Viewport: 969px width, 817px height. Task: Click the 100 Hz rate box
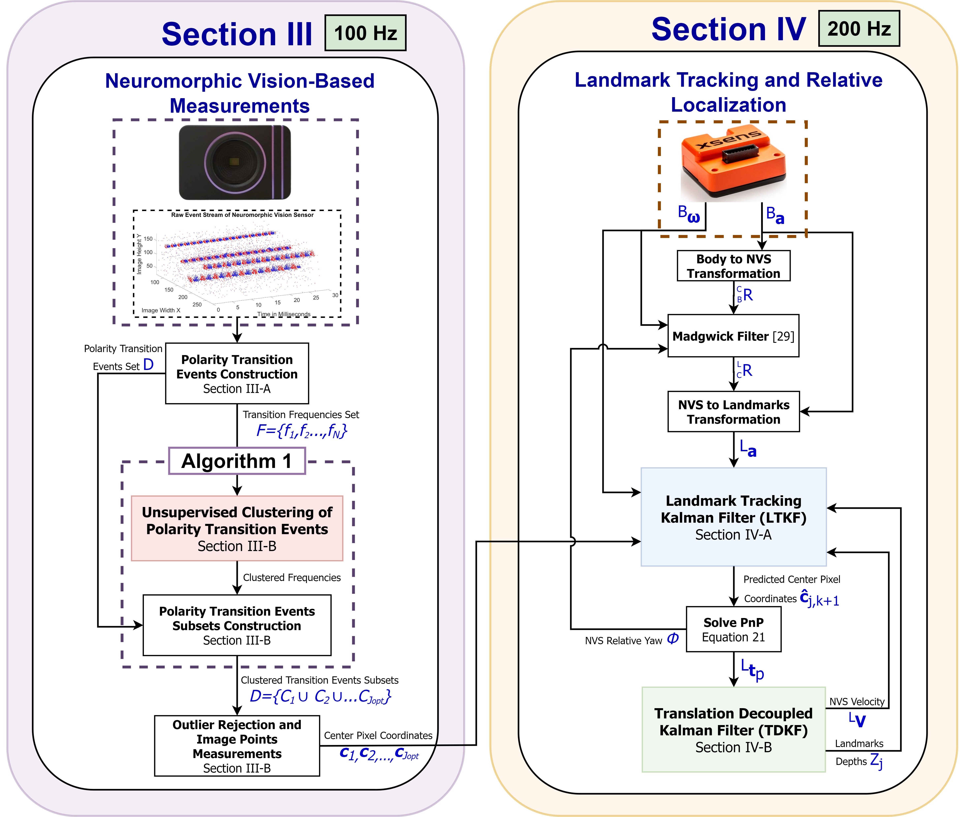pyautogui.click(x=365, y=33)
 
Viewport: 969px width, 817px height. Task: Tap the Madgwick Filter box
pyautogui.click(x=733, y=336)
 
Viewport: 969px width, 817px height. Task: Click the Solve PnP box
pyautogui.click(x=733, y=629)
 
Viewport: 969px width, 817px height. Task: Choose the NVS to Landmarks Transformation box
pyautogui.click(x=733, y=412)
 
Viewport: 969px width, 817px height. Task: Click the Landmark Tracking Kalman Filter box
pyautogui.click(x=733, y=517)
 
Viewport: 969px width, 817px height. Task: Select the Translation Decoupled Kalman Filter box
pyautogui.click(x=733, y=729)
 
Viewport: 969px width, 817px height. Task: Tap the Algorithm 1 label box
pyautogui.click(x=237, y=461)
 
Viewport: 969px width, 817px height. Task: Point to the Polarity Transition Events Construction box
pyautogui.click(x=237, y=373)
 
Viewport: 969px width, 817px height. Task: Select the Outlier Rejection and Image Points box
pyautogui.click(x=237, y=746)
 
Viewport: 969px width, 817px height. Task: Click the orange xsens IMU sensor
pyautogui.click(x=733, y=162)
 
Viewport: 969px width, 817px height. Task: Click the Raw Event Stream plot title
pyautogui.click(x=242, y=215)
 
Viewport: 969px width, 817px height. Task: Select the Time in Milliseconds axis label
pyautogui.click(x=284, y=314)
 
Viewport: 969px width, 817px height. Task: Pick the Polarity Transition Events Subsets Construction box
pyautogui.click(x=237, y=625)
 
